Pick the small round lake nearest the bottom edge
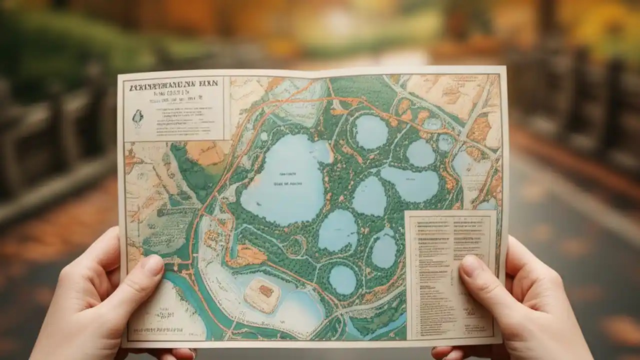342,279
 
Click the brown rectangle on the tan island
265,291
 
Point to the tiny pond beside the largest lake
263,136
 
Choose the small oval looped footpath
295,245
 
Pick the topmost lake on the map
371,132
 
